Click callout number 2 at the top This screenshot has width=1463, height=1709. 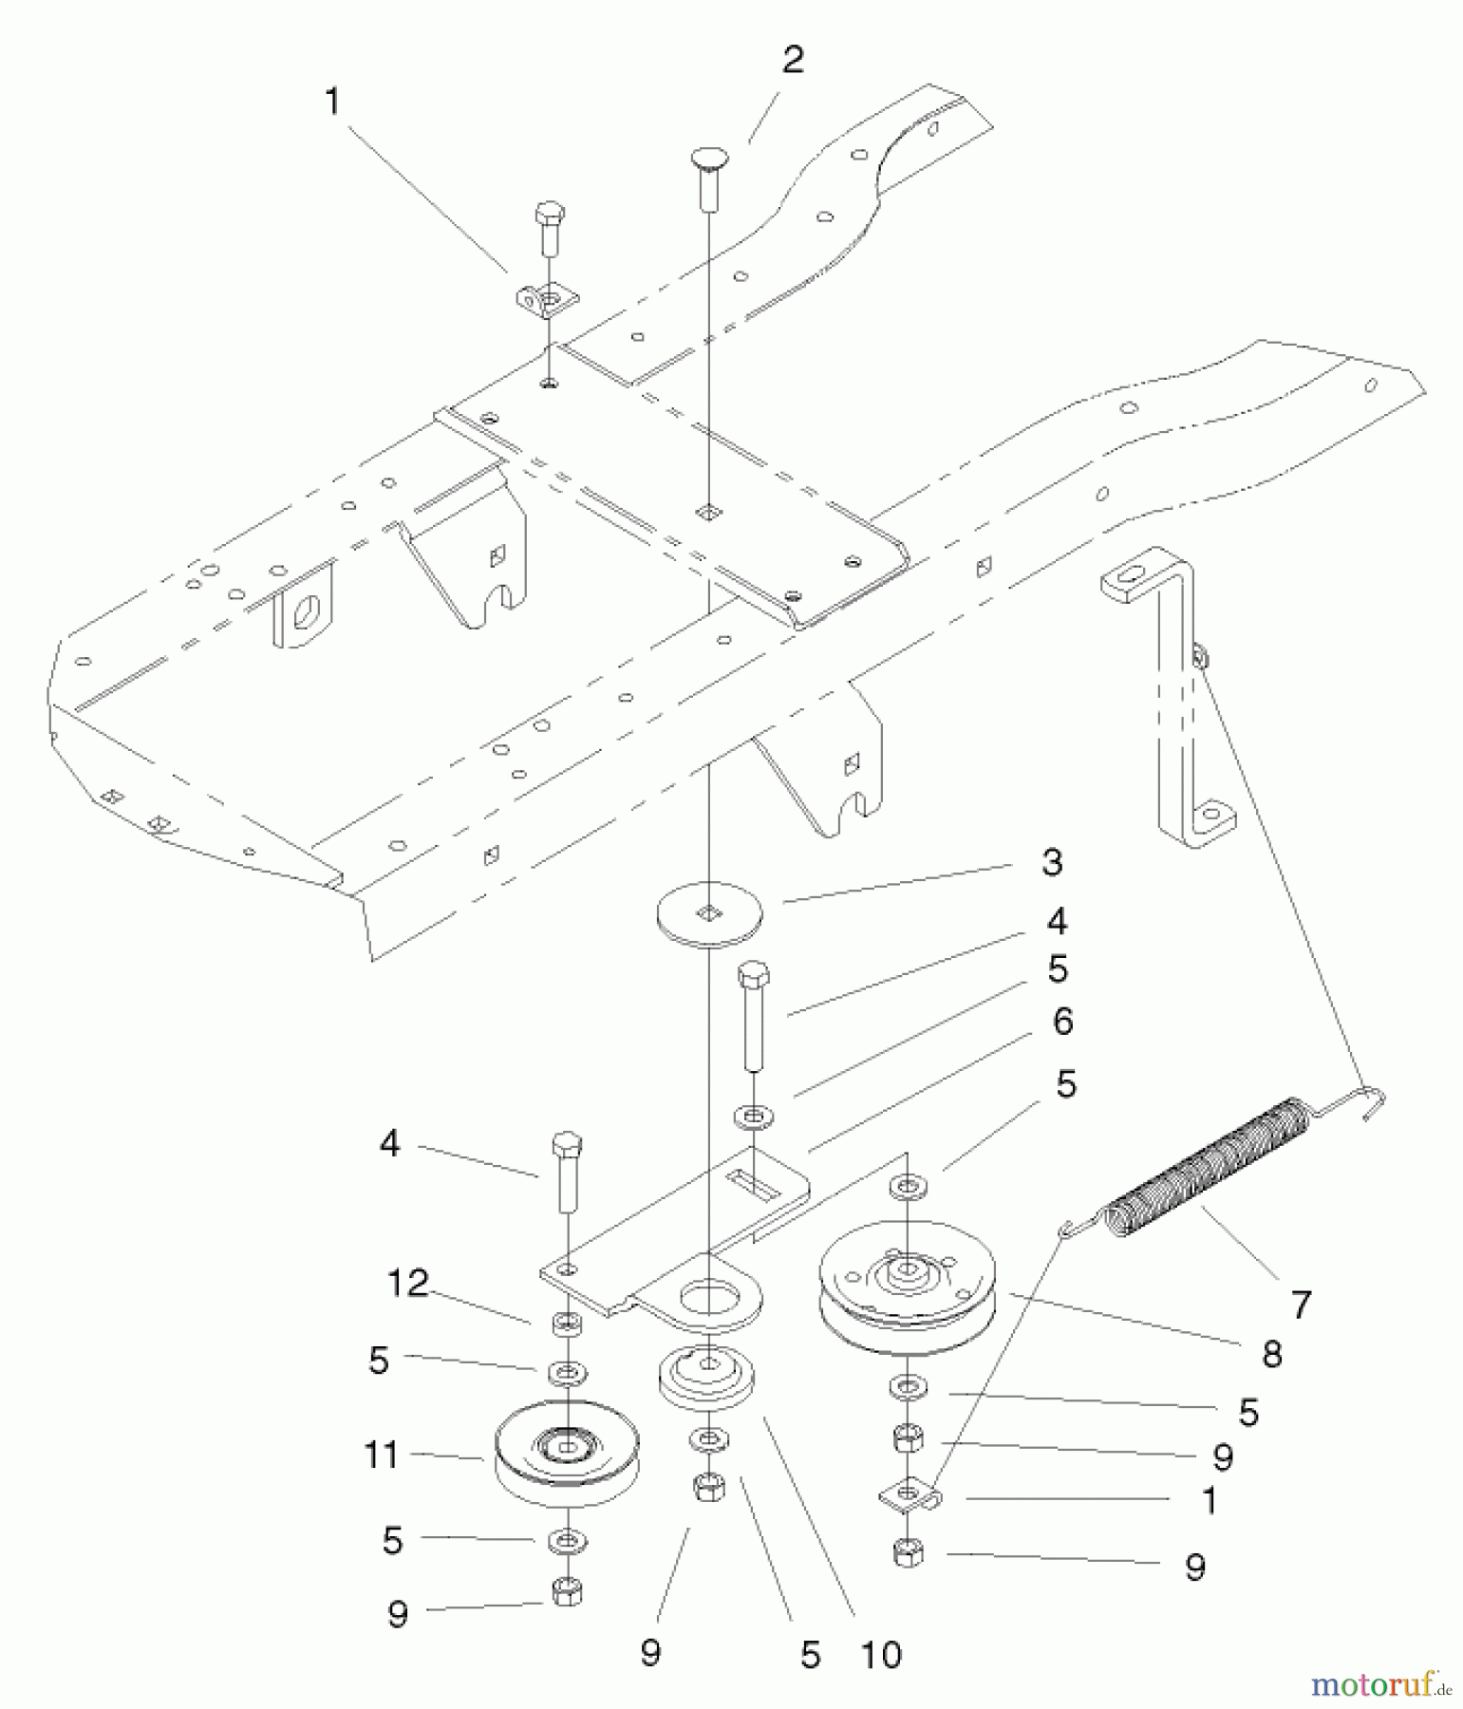coord(793,61)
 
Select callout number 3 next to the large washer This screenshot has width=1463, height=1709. coord(1051,862)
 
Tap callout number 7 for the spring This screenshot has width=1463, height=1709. coord(1301,1304)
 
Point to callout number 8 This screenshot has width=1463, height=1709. coord(1272,1354)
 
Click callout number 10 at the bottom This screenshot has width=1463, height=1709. coord(881,1655)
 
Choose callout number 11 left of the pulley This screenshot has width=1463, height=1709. coord(382,1455)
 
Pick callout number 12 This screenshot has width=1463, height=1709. coord(408,1284)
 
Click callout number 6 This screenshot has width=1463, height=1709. coord(1062,1022)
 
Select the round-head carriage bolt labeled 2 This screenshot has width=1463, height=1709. coord(707,176)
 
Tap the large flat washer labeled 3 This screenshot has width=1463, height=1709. coord(709,914)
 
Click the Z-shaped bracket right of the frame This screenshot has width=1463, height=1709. coord(1172,693)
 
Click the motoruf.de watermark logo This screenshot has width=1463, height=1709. coord(1380,1685)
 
